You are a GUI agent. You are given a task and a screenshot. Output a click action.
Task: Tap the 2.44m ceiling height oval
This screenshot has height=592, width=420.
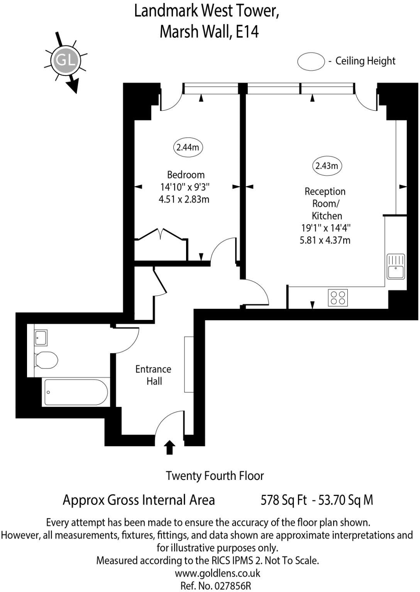(188, 147)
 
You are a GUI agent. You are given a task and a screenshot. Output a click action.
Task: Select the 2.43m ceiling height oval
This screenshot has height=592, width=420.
(327, 166)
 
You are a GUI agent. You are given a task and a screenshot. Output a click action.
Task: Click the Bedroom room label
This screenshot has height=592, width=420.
(186, 175)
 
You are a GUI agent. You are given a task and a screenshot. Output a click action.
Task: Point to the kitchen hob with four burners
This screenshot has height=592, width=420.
(338, 298)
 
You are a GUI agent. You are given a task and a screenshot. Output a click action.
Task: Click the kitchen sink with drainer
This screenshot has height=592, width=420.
(396, 266)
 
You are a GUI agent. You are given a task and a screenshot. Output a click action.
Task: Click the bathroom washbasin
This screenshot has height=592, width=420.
(41, 337)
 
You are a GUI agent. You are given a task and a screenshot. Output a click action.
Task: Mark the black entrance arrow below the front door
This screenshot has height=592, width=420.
(169, 448)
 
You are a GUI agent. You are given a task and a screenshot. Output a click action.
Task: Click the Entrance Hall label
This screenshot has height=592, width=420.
(154, 375)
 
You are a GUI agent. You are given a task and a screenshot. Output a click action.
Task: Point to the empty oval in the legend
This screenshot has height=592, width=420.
(311, 62)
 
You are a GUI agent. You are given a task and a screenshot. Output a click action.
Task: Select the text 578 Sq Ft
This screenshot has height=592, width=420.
(284, 500)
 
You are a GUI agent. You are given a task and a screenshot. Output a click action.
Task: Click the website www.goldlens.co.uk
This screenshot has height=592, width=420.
(217, 573)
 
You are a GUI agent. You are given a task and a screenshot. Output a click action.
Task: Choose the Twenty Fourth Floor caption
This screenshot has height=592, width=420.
(215, 476)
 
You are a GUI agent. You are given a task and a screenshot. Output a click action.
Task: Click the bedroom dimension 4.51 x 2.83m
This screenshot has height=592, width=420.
(184, 199)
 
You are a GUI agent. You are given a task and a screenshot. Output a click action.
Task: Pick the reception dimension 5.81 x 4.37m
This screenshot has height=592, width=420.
(325, 240)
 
